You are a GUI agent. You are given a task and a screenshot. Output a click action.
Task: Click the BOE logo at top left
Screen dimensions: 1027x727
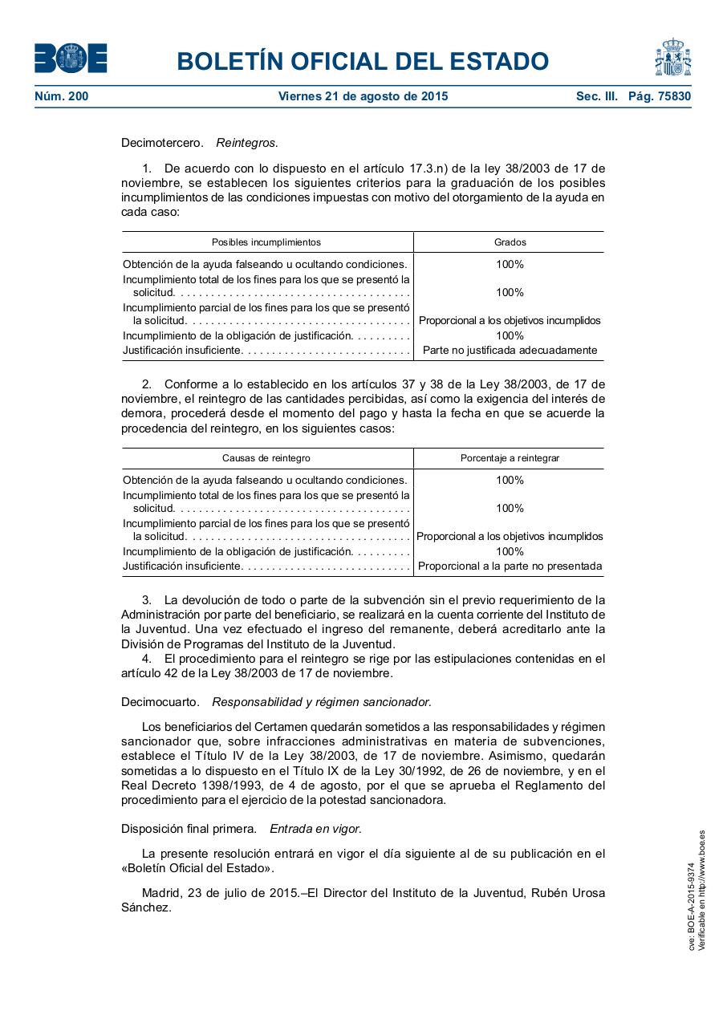click(71, 59)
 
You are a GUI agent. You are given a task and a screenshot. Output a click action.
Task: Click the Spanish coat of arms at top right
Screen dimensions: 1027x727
click(672, 58)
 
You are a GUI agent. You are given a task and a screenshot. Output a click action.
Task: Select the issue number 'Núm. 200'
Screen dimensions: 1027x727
click(62, 96)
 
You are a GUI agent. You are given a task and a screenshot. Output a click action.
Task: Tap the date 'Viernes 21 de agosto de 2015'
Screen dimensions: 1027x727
click(363, 96)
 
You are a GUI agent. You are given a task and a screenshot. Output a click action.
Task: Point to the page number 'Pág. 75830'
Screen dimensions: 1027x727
click(659, 96)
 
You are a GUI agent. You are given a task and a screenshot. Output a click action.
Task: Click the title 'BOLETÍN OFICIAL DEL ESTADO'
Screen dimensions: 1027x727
click(363, 61)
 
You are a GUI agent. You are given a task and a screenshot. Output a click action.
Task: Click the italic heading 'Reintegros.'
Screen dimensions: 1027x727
click(247, 143)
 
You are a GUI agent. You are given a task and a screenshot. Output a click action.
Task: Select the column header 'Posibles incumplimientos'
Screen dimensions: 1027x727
click(266, 242)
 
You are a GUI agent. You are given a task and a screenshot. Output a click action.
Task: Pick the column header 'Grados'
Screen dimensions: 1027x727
click(510, 242)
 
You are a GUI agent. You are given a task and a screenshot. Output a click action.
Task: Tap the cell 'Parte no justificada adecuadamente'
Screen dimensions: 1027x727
click(510, 350)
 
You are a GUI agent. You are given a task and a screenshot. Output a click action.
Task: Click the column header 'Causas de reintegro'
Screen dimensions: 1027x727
click(266, 457)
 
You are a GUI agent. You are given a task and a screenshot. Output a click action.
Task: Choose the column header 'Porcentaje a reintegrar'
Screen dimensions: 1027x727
click(510, 457)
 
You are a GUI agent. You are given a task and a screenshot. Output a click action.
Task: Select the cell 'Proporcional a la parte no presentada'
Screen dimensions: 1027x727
click(510, 566)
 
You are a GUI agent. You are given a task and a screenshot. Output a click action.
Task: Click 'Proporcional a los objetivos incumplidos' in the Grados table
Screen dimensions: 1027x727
click(510, 320)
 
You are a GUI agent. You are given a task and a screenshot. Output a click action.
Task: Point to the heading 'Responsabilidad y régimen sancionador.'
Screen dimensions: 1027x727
click(322, 702)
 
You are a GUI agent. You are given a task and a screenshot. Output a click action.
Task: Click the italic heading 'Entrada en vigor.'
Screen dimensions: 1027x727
click(315, 828)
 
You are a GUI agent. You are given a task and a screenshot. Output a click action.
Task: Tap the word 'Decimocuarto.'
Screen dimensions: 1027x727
click(160, 702)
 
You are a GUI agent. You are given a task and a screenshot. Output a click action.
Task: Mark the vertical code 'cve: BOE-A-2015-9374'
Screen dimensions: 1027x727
click(691, 907)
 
